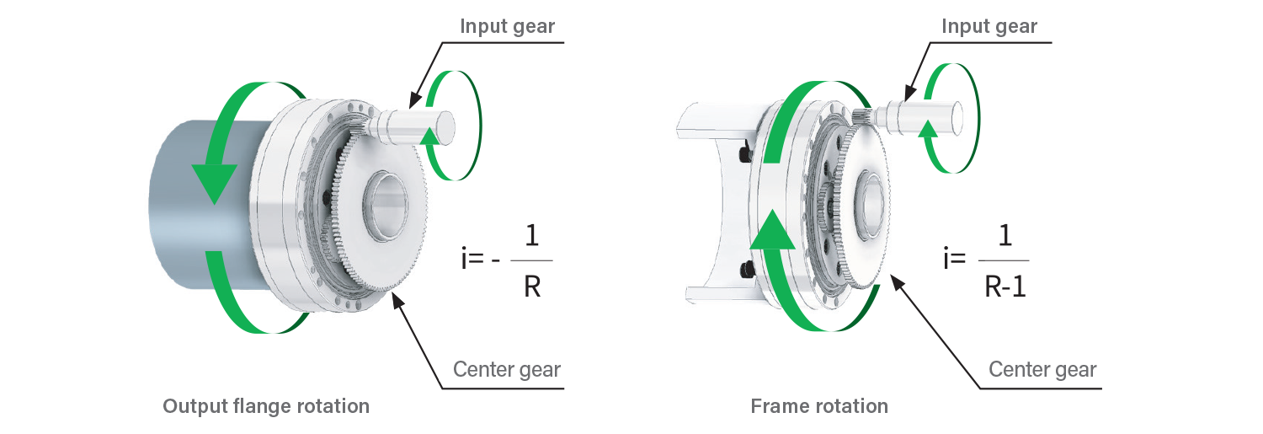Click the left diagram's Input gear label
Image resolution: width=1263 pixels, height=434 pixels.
coord(508,26)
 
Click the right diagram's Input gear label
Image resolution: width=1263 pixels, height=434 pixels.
coord(989,26)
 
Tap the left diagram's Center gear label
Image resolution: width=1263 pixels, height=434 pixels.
coord(507,369)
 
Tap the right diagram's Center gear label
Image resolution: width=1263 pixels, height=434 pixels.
coord(1042,369)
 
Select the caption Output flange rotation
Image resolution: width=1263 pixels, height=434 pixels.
coord(266,406)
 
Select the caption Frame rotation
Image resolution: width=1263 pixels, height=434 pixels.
coord(819,406)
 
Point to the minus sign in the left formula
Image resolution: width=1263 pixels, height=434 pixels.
coord(498,259)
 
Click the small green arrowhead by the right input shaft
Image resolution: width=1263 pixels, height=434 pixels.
coord(928,129)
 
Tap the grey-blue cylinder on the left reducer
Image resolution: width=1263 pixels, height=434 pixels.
coord(194,211)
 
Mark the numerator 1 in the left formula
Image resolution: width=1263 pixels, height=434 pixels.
coord(531,235)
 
